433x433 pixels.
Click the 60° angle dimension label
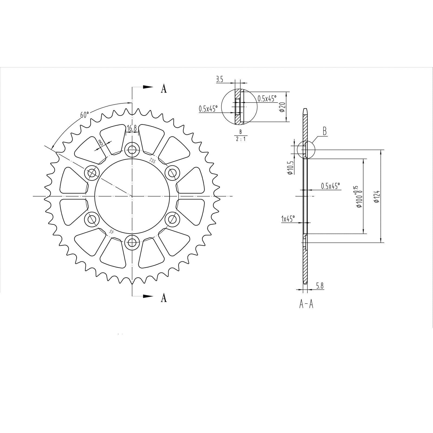pyautogui.click(x=84, y=114)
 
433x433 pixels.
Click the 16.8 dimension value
pyautogui.click(x=132, y=129)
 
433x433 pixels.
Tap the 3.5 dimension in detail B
pyautogui.click(x=219, y=79)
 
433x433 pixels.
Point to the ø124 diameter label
pyautogui.click(x=377, y=196)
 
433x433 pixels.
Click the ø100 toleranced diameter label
pyautogui.click(x=358, y=197)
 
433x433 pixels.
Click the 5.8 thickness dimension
pyautogui.click(x=320, y=286)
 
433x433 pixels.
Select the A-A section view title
pyautogui.click(x=306, y=304)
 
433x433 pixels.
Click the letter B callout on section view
pyautogui.click(x=324, y=132)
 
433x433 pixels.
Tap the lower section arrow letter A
pyautogui.click(x=164, y=298)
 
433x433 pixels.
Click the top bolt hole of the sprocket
pyautogui.click(x=132, y=148)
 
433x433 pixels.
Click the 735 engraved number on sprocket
pyautogui.click(x=152, y=161)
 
